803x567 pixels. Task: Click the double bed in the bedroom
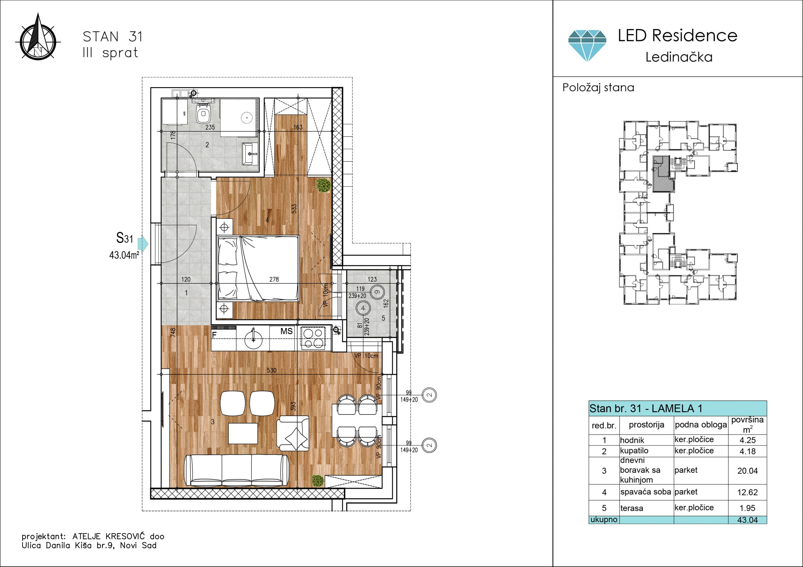click(x=258, y=268)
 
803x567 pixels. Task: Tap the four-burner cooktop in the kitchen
click(x=313, y=338)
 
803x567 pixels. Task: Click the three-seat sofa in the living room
click(x=237, y=470)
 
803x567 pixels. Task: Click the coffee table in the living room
click(x=243, y=433)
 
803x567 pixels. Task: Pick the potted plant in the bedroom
click(x=324, y=185)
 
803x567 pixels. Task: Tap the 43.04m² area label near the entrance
click(x=124, y=255)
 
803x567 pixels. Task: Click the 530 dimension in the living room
click(x=271, y=370)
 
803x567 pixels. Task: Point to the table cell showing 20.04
click(x=747, y=471)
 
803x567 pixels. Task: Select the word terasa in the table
click(x=632, y=508)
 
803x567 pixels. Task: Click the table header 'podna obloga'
click(x=701, y=425)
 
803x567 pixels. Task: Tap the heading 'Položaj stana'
click(x=598, y=87)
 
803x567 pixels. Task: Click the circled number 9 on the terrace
click(x=377, y=292)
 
